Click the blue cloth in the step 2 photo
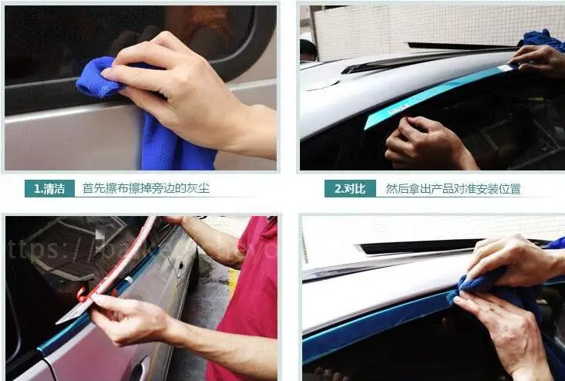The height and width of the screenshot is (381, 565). pos(543,39)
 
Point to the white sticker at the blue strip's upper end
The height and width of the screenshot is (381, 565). pos(504,69)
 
